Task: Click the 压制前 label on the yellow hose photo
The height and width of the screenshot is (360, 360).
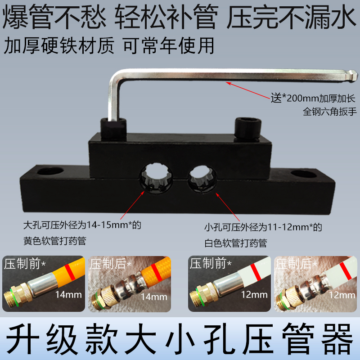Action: coord(22,263)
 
